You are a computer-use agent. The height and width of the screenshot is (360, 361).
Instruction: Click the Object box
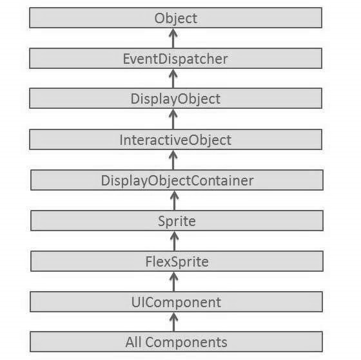[175, 18]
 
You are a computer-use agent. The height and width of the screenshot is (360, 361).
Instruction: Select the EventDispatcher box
[175, 59]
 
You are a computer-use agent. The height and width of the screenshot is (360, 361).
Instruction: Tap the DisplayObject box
[175, 99]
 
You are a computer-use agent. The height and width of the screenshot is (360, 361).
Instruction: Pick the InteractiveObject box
[175, 139]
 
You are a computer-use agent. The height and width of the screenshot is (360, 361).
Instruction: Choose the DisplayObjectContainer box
[175, 180]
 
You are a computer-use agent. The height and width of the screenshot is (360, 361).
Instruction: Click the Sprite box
[175, 220]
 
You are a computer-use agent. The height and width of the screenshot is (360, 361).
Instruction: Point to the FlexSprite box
[175, 261]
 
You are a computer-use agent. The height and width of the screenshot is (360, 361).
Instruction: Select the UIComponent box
[175, 301]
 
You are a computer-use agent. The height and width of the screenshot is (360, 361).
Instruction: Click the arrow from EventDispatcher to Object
[172, 38]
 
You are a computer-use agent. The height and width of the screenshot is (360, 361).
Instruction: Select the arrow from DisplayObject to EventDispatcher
[172, 79]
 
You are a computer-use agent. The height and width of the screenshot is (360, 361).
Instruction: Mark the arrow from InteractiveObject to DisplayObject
[172, 119]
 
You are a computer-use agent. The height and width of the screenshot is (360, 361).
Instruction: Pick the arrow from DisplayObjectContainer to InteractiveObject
[172, 160]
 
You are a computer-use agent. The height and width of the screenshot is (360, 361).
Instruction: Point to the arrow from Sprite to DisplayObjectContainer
[172, 200]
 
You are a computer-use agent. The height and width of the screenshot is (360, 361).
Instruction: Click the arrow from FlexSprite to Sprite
[172, 241]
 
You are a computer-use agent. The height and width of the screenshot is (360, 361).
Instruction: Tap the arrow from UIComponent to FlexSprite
[172, 281]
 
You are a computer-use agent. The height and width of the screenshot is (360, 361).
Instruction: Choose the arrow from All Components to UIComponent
[172, 321]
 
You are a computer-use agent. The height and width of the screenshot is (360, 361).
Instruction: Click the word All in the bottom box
[134, 341]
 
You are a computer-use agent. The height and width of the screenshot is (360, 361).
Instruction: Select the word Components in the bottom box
[186, 341]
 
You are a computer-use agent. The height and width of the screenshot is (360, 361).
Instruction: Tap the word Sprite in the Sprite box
[176, 221]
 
